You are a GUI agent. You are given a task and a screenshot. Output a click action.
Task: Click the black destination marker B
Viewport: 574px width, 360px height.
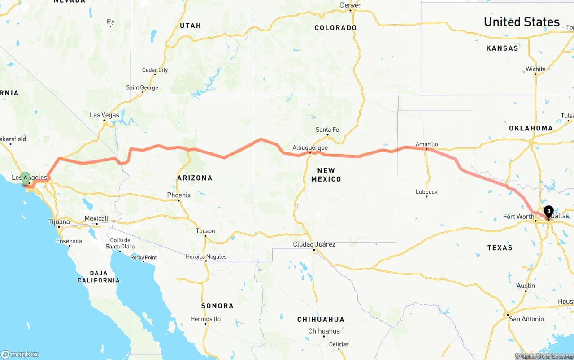click(x=548, y=212)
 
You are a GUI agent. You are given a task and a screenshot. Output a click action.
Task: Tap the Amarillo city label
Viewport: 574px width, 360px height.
click(x=426, y=144)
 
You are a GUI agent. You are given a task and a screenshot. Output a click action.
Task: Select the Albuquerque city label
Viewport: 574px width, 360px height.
click(x=310, y=147)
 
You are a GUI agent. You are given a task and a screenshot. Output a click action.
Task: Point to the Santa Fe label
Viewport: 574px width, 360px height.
click(x=327, y=130)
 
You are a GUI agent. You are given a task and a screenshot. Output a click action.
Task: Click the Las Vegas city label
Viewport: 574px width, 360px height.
click(x=104, y=115)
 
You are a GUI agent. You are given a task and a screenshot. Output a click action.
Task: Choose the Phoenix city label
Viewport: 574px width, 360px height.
click(x=179, y=195)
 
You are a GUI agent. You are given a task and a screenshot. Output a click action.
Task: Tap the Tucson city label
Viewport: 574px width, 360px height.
click(x=205, y=231)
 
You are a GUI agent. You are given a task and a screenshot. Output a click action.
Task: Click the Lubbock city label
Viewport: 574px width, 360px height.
click(x=426, y=192)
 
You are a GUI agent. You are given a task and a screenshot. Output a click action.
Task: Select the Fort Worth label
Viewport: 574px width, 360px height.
click(x=518, y=217)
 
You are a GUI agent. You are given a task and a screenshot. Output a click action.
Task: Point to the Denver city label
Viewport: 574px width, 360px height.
click(x=350, y=5)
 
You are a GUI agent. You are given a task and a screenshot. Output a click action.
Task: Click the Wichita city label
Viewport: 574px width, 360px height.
click(x=536, y=69)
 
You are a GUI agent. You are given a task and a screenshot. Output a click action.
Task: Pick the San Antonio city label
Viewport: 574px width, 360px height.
click(x=526, y=319)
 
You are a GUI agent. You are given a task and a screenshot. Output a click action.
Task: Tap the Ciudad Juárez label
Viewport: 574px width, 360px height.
click(x=314, y=244)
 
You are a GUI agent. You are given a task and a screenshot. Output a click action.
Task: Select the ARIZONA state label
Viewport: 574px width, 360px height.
click(x=195, y=178)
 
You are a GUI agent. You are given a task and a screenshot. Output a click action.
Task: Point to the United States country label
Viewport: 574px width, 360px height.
click(x=522, y=22)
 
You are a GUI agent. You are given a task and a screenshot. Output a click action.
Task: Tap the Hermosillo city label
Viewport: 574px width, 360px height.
click(x=206, y=319)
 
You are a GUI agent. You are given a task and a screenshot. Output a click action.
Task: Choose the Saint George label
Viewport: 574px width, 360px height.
click(x=142, y=87)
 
